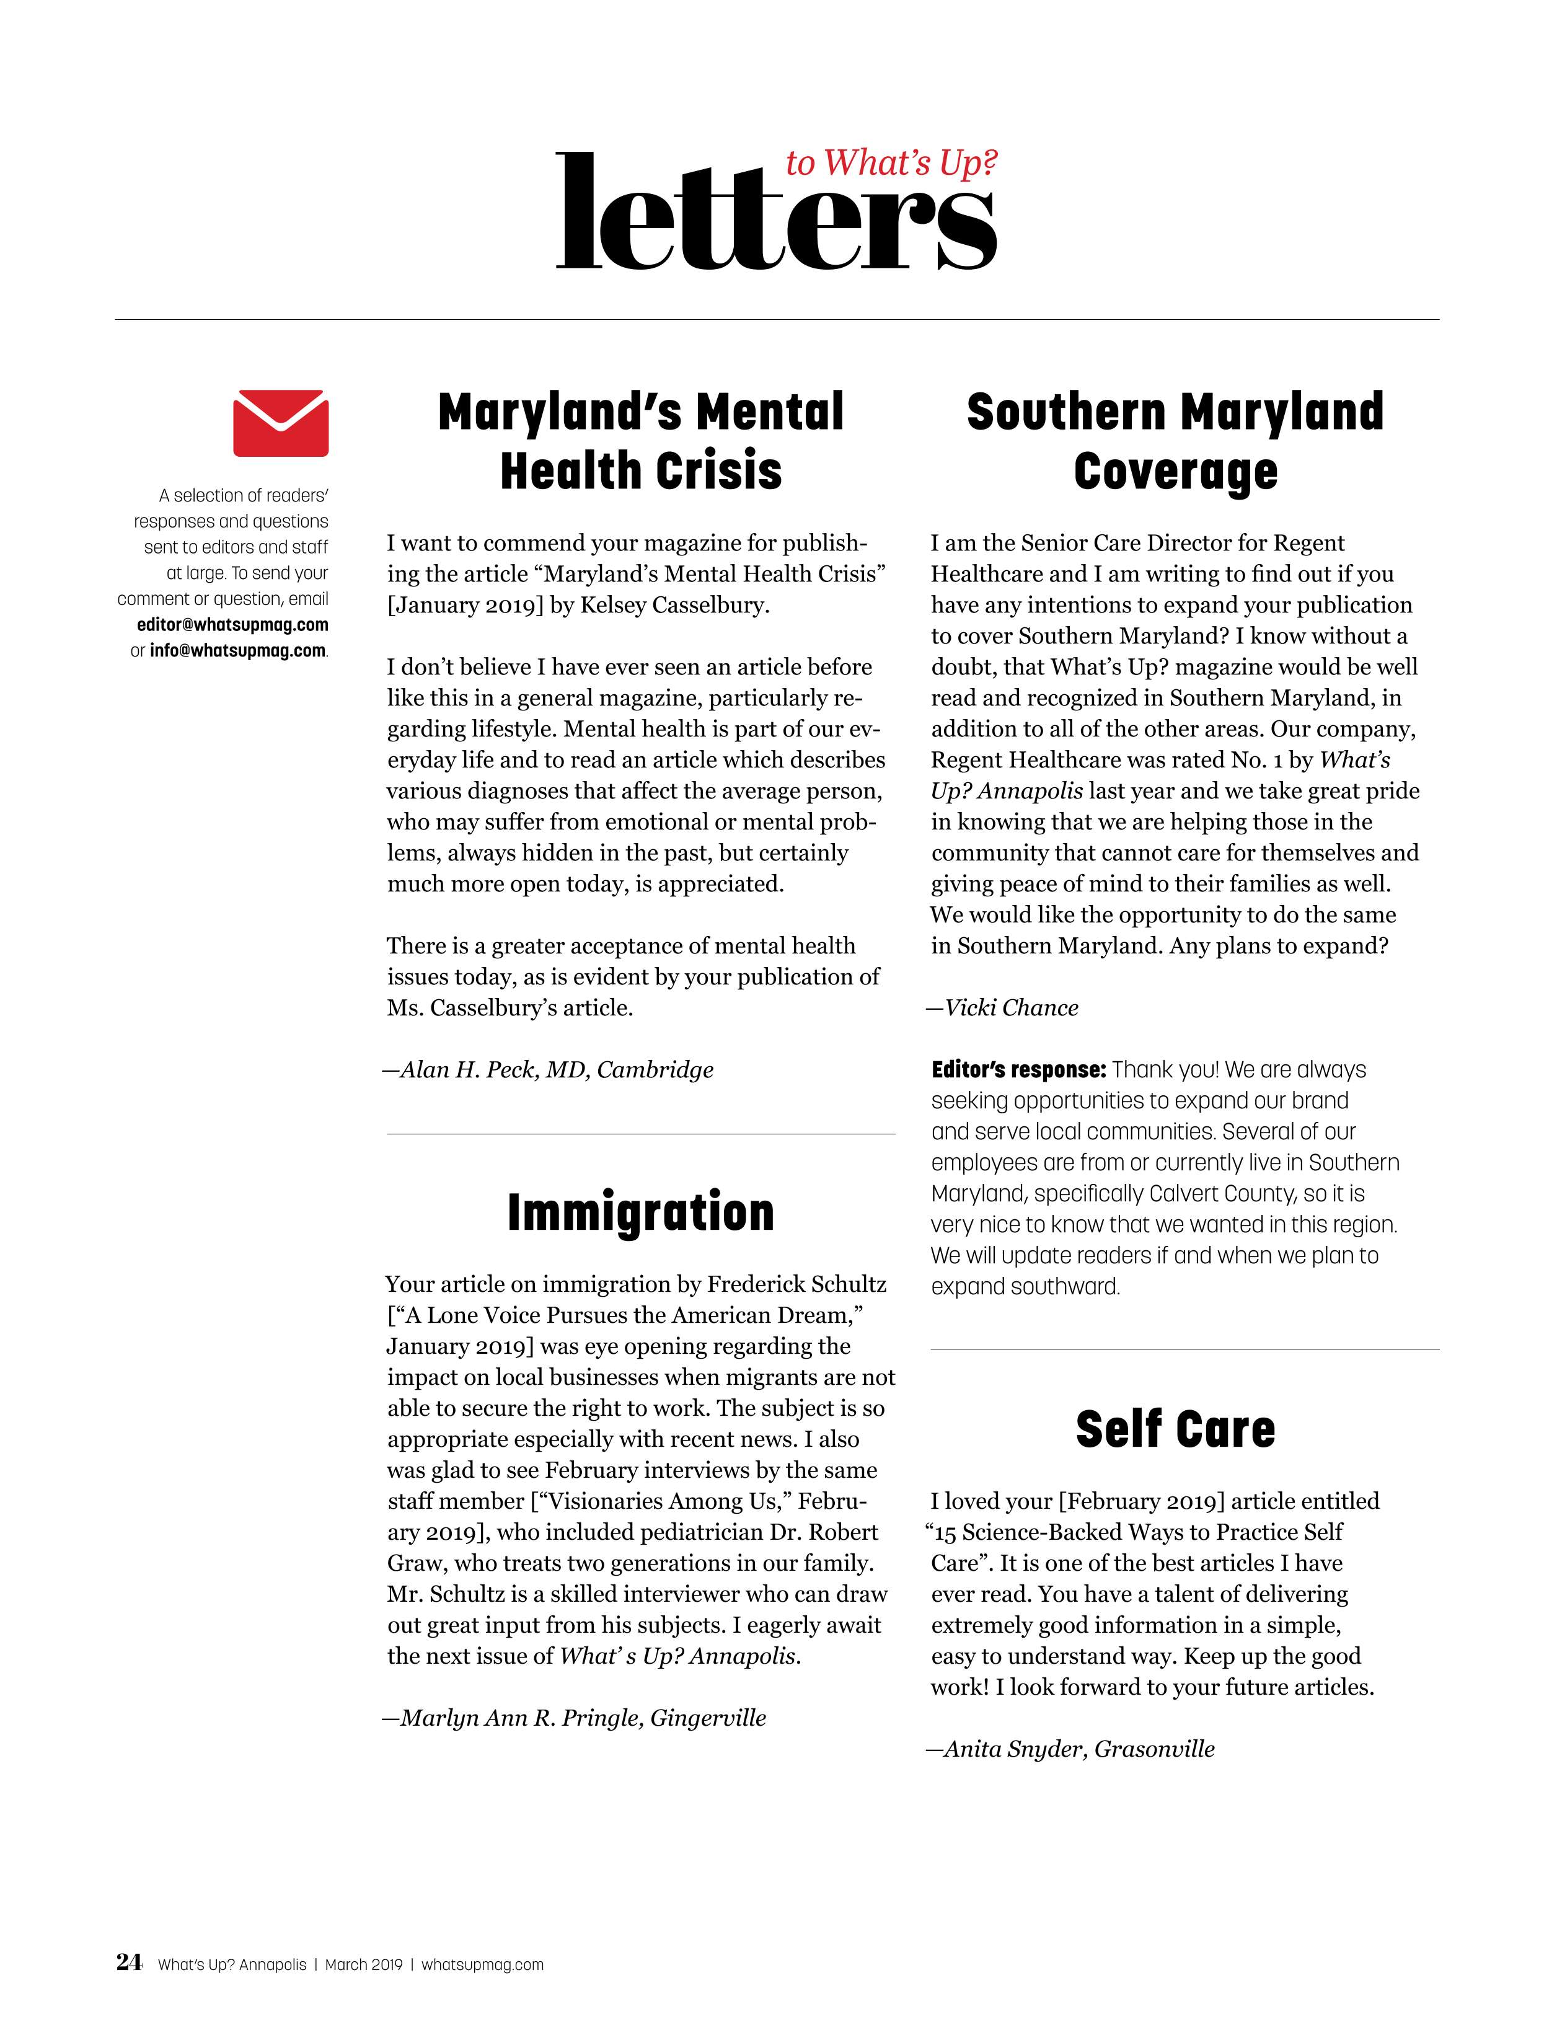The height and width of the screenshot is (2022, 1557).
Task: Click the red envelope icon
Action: point(281,423)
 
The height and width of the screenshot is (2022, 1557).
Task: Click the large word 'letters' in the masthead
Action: point(776,215)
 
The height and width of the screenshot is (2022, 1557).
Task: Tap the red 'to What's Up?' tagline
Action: point(891,163)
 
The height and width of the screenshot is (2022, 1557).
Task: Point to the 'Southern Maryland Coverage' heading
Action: point(1175,441)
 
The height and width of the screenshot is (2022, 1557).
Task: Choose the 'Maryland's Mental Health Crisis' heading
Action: point(640,441)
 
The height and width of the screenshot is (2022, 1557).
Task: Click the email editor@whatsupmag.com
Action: point(232,625)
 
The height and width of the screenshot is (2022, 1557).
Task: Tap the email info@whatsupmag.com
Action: point(238,651)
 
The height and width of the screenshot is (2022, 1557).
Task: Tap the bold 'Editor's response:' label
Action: point(1018,1071)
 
